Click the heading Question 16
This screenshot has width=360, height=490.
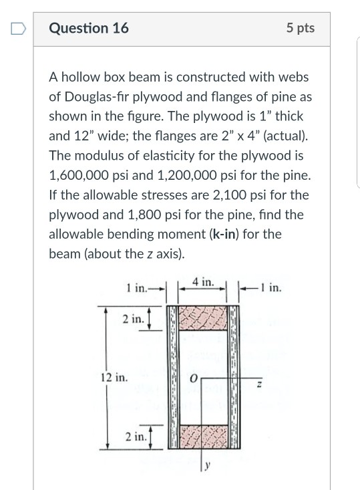click(x=89, y=28)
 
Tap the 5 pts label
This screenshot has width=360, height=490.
click(x=300, y=28)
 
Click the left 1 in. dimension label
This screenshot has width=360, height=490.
click(x=138, y=289)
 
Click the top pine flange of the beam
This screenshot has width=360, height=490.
click(x=204, y=319)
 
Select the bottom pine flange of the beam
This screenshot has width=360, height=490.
click(x=204, y=435)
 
